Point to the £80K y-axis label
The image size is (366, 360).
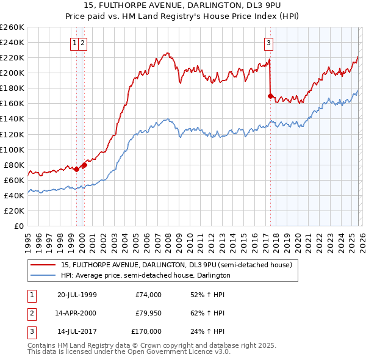click(13, 165)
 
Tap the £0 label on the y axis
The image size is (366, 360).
click(19, 226)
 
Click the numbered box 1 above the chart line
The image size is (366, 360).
click(74, 43)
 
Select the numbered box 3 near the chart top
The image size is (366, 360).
click(268, 43)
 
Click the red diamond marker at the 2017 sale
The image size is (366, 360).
click(270, 96)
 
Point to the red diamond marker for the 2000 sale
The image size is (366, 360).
click(85, 165)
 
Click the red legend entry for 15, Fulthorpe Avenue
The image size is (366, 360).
click(177, 265)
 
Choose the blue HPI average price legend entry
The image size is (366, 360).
click(145, 275)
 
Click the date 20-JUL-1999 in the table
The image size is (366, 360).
click(77, 295)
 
